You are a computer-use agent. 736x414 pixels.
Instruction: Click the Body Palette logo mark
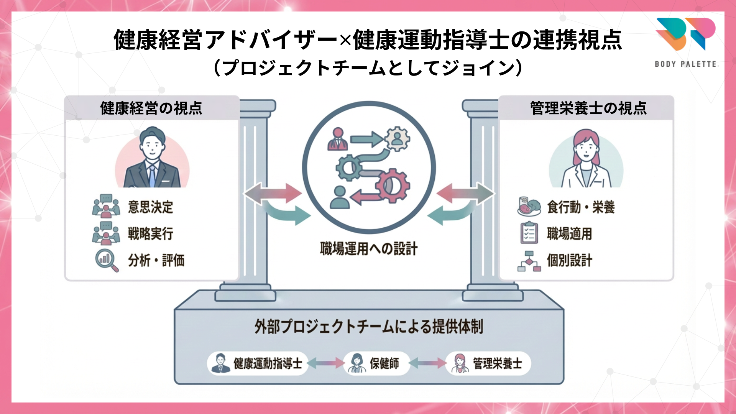click(x=686, y=34)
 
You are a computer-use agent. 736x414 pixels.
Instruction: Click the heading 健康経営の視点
click(x=151, y=108)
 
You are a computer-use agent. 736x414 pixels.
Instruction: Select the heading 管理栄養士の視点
click(x=588, y=108)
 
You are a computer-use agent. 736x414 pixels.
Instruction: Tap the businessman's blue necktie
click(x=152, y=176)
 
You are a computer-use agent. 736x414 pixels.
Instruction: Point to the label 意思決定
click(x=150, y=207)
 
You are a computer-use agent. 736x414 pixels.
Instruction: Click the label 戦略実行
click(x=150, y=233)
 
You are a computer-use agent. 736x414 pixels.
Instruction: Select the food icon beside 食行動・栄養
click(x=529, y=207)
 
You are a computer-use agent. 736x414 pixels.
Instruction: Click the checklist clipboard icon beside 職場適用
click(x=529, y=233)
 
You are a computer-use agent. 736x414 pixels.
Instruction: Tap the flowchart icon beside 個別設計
click(x=529, y=261)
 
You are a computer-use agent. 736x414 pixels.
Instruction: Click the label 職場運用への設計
click(x=368, y=249)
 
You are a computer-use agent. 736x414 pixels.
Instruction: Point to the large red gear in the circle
click(x=393, y=186)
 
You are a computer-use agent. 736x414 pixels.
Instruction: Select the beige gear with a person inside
click(x=397, y=138)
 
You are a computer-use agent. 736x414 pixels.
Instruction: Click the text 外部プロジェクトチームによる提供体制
click(x=368, y=327)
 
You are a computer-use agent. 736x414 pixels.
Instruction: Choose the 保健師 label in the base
click(x=384, y=363)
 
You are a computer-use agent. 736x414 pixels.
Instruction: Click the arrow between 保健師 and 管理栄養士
click(x=427, y=363)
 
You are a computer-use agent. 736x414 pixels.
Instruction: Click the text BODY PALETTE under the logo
click(x=685, y=64)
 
